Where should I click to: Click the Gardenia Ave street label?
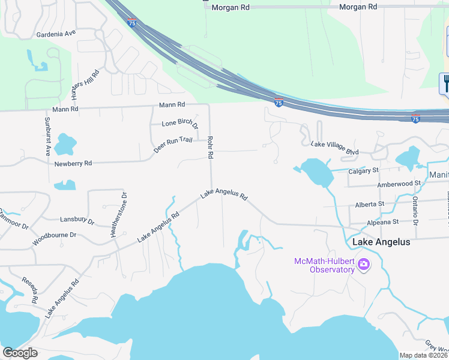[x=56, y=34]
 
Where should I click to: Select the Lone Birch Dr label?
[x=180, y=124]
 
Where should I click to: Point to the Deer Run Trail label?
[x=172, y=145]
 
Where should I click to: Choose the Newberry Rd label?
[x=73, y=163]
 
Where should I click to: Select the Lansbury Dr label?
[x=77, y=221]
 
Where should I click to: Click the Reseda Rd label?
[x=31, y=289]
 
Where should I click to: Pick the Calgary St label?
[x=363, y=170]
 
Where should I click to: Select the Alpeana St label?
[x=383, y=222]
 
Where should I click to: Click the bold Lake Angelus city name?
[x=381, y=242]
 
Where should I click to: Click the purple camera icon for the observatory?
[x=363, y=263]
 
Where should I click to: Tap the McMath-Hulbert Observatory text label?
[x=324, y=265]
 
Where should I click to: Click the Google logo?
[x=20, y=353]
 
